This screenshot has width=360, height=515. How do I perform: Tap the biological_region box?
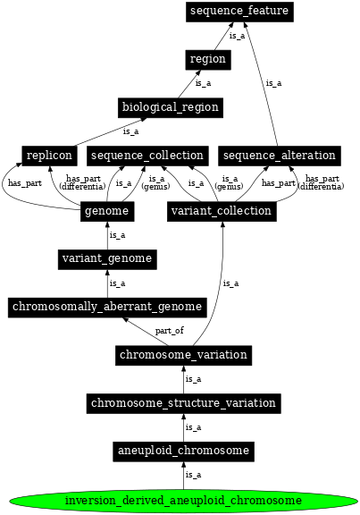pyautogui.click(x=170, y=107)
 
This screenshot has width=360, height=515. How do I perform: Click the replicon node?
pyautogui.click(x=48, y=156)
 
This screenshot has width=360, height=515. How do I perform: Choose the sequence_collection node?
pyautogui.click(x=148, y=156)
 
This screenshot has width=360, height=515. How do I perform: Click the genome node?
pyautogui.click(x=107, y=212)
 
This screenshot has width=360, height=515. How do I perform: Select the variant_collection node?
pyautogui.click(x=220, y=212)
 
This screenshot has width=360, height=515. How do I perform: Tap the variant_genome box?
pyautogui.click(x=107, y=259)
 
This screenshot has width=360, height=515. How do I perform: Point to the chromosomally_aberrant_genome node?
pyautogui.click(x=107, y=307)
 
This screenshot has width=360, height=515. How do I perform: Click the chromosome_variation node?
pyautogui.click(x=183, y=355)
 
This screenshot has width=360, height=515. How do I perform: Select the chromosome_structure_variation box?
pyautogui.click(x=183, y=403)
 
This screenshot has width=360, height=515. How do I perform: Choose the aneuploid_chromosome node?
pyautogui.click(x=183, y=451)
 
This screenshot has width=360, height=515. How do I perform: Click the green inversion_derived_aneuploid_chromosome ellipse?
pyautogui.click(x=183, y=500)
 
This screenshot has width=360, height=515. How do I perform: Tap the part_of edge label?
pyautogui.click(x=169, y=331)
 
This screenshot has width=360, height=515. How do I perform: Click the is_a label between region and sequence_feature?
pyautogui.click(x=236, y=36)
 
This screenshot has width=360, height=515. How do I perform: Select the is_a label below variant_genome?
pyautogui.click(x=117, y=283)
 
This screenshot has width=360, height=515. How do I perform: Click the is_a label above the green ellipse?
pyautogui.click(x=193, y=475)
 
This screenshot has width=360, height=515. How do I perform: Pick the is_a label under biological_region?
pyautogui.click(x=130, y=131)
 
